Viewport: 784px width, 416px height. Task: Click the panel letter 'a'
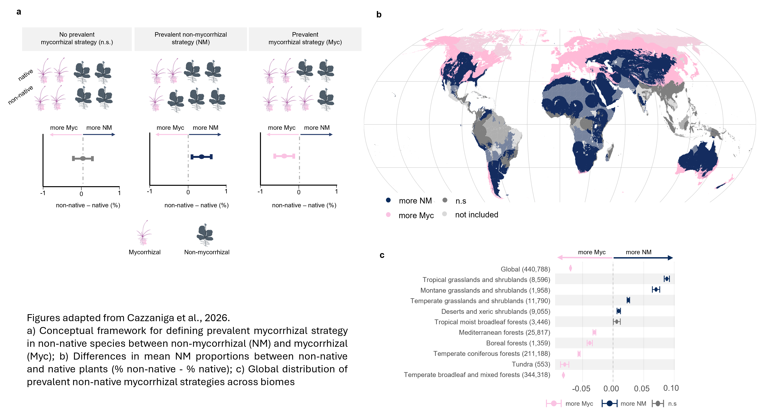click(19, 12)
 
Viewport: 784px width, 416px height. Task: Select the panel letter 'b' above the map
click(379, 14)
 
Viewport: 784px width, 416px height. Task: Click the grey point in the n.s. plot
click(83, 158)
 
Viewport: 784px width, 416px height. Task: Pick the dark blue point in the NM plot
click(202, 157)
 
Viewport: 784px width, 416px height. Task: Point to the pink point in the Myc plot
click(284, 156)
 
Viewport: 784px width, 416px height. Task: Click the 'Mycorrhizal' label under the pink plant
click(145, 252)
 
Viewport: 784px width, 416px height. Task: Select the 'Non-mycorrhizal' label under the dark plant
click(207, 252)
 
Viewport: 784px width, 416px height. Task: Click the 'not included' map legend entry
click(477, 215)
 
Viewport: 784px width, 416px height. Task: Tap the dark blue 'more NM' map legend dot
click(388, 200)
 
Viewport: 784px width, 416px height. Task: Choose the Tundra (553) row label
click(531, 364)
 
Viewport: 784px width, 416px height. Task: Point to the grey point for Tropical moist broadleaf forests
click(617, 321)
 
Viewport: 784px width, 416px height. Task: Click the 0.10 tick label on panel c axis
click(671, 388)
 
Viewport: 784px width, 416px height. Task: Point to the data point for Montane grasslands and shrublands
click(656, 290)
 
